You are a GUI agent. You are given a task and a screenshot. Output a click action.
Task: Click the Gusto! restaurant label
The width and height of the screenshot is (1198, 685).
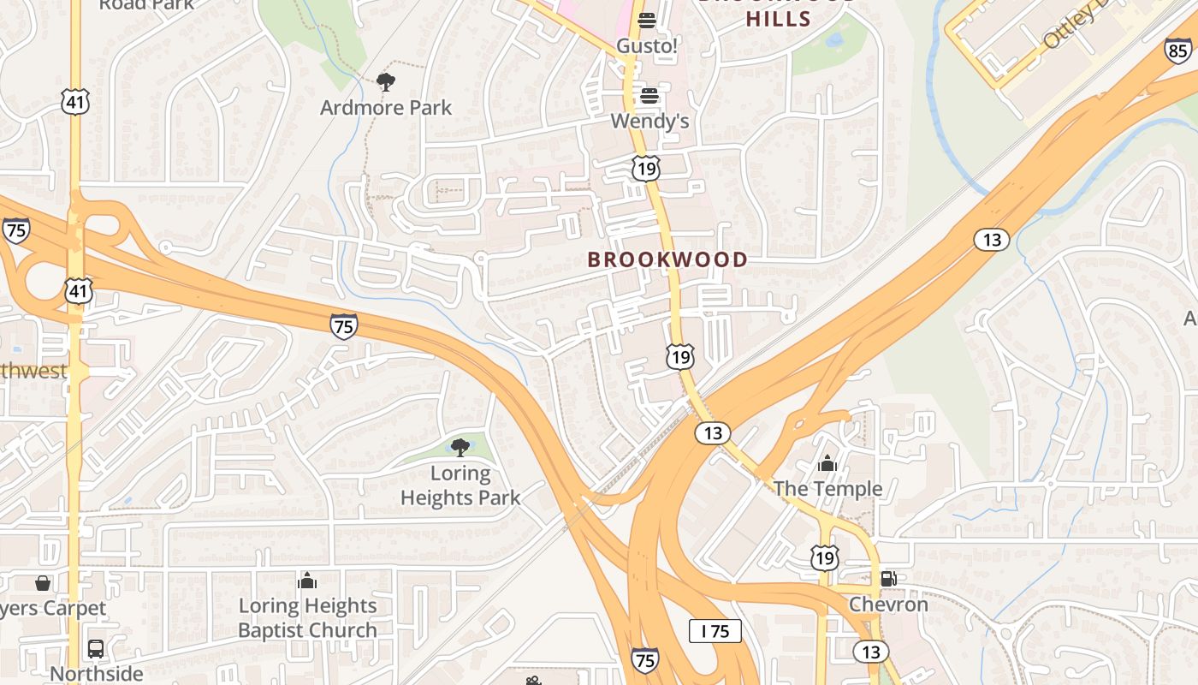647,46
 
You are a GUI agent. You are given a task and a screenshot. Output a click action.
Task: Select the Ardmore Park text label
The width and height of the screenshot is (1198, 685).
386,108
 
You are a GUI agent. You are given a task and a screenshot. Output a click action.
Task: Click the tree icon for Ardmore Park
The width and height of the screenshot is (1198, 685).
386,82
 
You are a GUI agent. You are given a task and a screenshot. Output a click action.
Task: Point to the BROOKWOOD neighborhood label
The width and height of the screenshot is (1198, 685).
667,259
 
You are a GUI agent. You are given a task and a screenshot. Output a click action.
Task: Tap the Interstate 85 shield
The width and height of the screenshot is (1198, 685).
1177,51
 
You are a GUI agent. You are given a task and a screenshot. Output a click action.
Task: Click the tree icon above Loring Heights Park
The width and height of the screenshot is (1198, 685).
460,447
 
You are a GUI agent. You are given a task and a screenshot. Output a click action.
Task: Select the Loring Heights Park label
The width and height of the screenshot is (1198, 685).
460,485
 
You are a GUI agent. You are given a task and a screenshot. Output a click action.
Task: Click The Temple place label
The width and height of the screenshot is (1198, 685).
827,489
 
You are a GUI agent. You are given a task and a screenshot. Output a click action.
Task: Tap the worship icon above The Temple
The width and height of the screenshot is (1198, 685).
827,464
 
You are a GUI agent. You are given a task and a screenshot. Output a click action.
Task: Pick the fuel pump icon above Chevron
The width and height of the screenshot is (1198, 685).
888,579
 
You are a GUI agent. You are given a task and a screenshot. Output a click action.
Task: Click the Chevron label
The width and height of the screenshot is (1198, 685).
888,605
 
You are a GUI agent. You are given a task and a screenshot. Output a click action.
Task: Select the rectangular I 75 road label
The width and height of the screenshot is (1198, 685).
715,632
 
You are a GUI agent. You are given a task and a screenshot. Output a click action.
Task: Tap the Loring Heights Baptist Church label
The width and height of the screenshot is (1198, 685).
307,618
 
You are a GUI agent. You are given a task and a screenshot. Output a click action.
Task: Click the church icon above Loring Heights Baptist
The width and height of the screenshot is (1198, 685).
307,581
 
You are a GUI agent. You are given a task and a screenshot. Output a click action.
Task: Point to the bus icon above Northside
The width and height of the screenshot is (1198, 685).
96,648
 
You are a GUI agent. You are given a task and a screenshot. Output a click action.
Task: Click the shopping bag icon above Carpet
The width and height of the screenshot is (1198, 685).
43,584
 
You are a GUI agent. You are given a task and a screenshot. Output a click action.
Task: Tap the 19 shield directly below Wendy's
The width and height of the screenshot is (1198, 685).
646,169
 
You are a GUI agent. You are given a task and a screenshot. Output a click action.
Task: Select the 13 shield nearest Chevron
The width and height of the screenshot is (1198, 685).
870,652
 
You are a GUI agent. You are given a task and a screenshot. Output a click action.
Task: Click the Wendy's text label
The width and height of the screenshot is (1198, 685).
649,121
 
